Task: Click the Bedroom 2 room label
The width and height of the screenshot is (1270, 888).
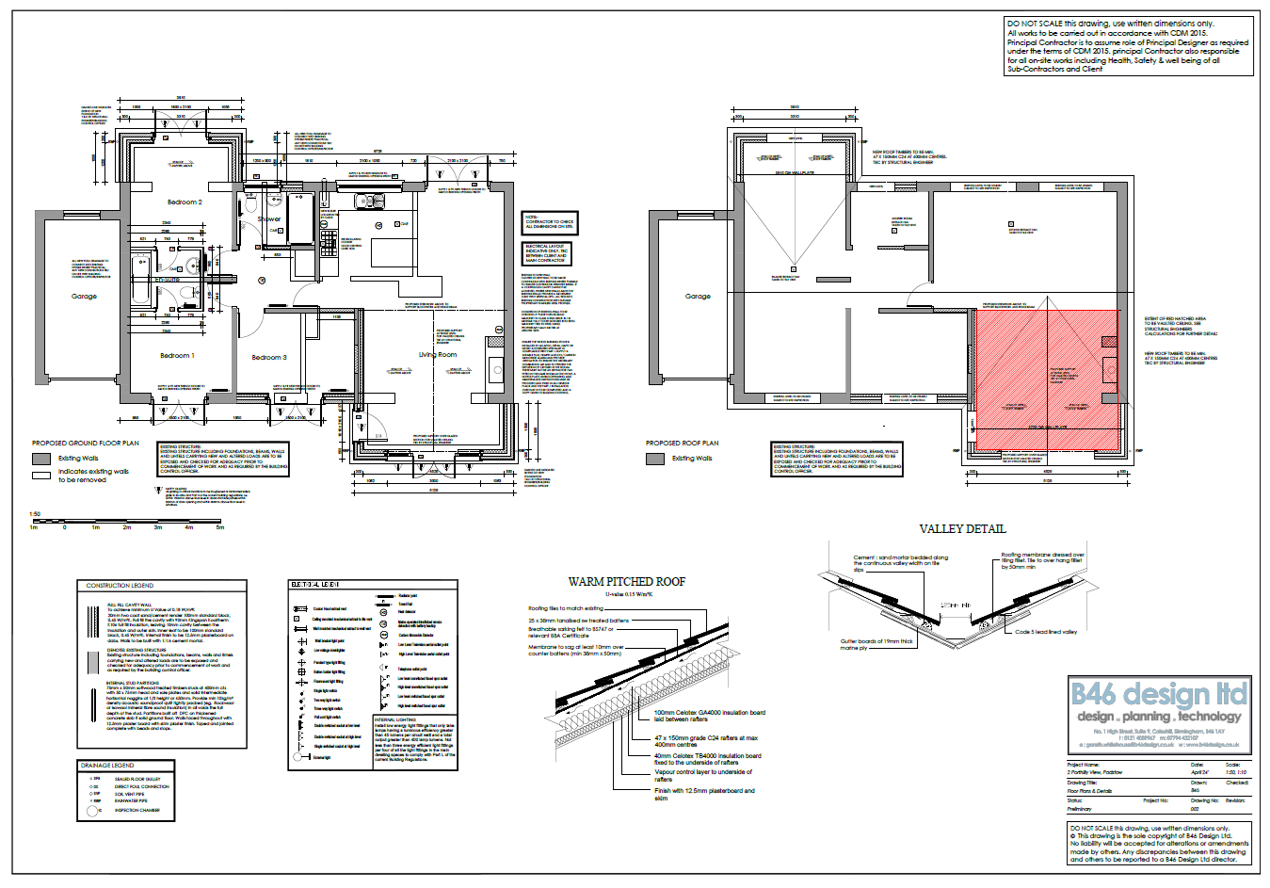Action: pos(185,202)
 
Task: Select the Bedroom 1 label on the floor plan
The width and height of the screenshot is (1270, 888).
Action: pos(177,356)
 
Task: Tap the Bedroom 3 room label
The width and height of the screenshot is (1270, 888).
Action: pos(269,358)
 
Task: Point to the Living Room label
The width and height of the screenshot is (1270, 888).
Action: pos(438,355)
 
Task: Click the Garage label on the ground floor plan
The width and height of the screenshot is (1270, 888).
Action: pos(84,297)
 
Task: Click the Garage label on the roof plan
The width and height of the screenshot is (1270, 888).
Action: pos(698,297)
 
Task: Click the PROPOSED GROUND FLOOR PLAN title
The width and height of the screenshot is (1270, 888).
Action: pos(85,444)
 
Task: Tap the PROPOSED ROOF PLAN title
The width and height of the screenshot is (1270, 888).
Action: pos(682,444)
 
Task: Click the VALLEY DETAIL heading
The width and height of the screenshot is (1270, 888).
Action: pos(962,529)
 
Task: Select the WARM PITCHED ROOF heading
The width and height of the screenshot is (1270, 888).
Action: pos(627,582)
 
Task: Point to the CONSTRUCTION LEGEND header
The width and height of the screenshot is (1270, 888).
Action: pos(120,586)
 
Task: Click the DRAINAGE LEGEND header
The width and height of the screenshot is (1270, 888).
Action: pos(107,766)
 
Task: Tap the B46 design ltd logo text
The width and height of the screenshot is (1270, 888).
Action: pos(1159,696)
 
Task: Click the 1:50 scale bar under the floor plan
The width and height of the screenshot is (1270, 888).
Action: pos(127,521)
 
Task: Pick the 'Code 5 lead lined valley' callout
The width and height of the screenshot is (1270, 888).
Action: pos(1046,632)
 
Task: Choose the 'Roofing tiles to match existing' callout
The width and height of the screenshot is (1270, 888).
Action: pos(566,608)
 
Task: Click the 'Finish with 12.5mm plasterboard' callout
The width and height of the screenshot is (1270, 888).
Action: pos(704,794)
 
